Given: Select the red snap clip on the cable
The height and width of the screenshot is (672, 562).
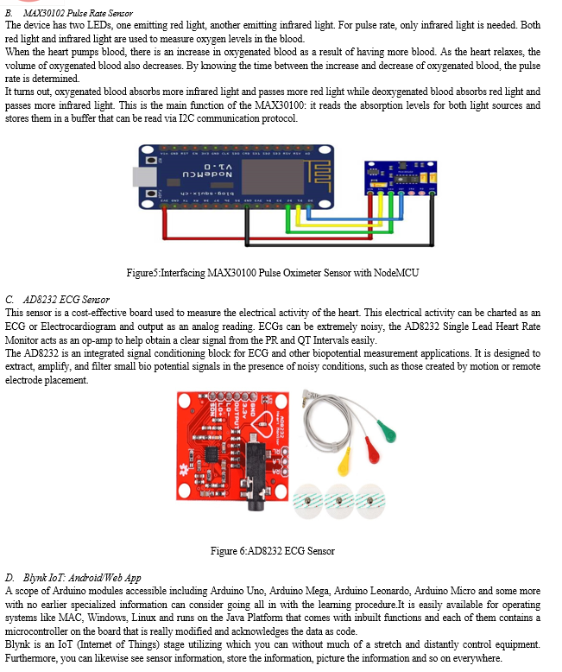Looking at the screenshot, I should [372, 449].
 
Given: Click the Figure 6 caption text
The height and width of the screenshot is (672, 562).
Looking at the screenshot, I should [272, 551].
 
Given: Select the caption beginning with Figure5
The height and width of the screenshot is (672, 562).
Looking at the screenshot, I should [273, 273].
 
